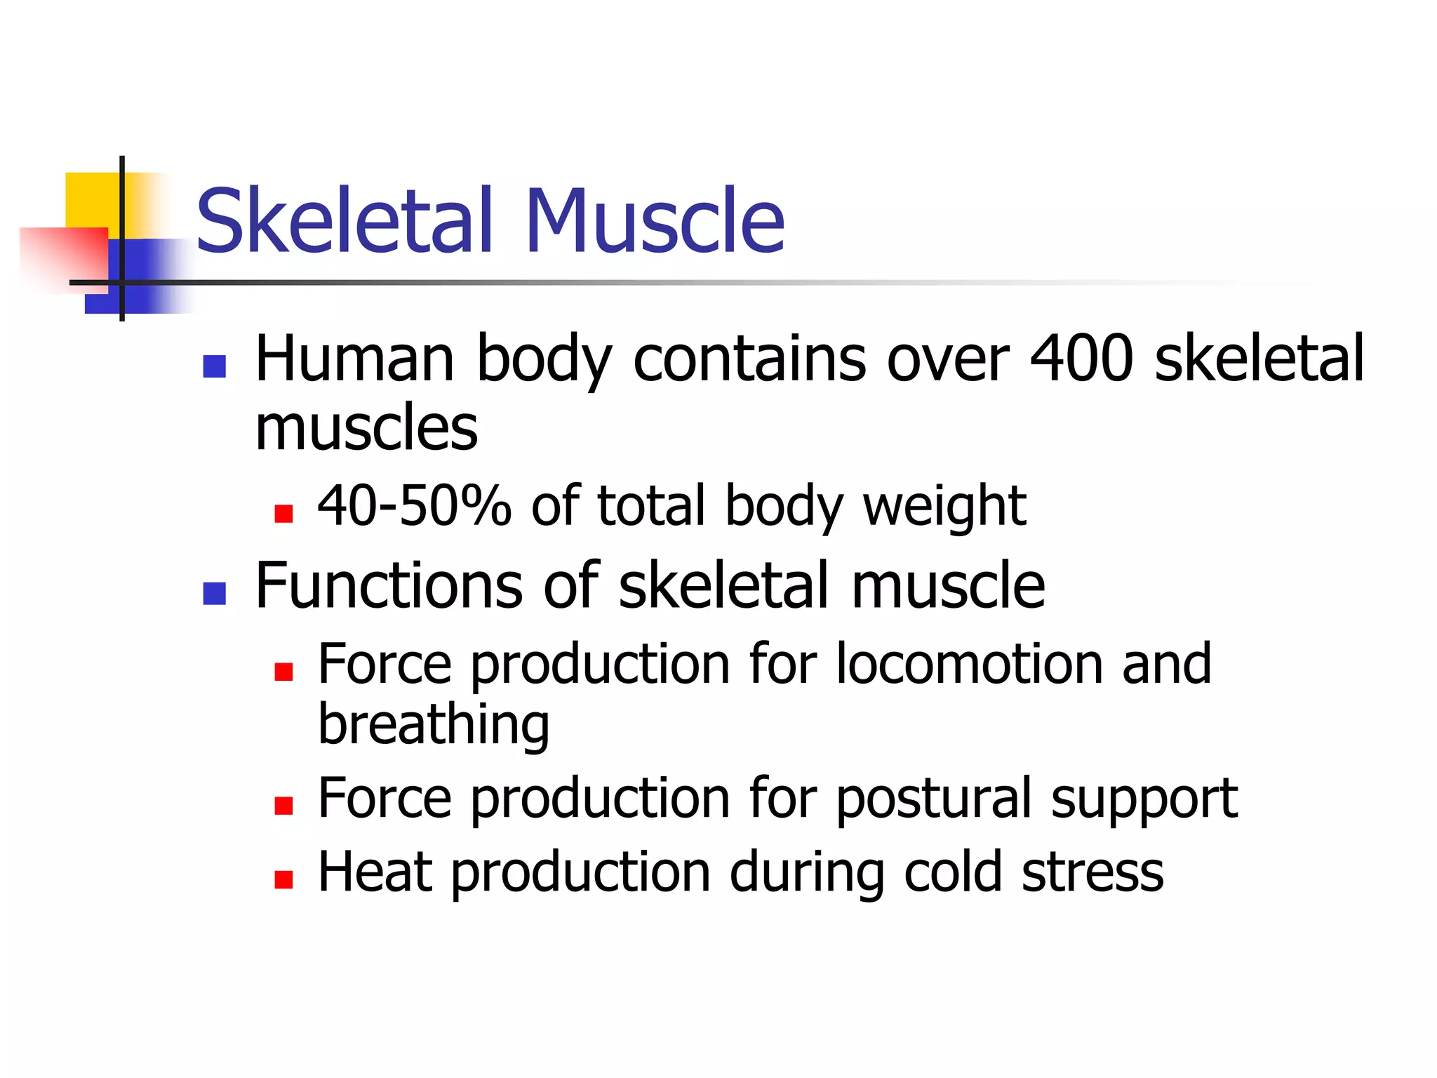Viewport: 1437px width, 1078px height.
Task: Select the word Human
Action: coord(354,359)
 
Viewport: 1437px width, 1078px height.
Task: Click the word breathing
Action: coord(434,726)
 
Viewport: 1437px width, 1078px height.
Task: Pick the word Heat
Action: coord(375,872)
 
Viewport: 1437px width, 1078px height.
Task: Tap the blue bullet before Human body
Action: coord(214,366)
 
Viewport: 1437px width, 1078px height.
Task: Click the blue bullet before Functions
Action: coord(214,593)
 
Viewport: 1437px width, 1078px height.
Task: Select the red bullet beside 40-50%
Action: coord(283,514)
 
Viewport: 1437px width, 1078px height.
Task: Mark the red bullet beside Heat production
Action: coord(283,879)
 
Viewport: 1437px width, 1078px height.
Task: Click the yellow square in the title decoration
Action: coord(91,199)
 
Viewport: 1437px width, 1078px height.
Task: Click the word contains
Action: coord(749,359)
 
